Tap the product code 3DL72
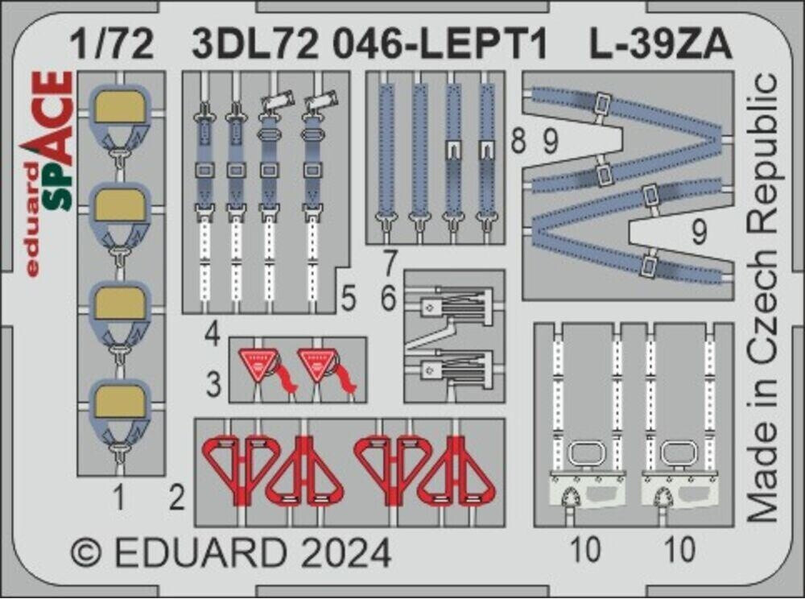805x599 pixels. click(x=242, y=47)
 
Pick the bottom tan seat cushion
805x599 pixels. click(x=119, y=401)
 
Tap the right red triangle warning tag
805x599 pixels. click(x=318, y=365)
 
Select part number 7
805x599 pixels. click(x=390, y=262)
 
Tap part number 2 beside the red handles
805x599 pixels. click(x=178, y=499)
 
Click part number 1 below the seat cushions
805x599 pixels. click(x=118, y=500)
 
